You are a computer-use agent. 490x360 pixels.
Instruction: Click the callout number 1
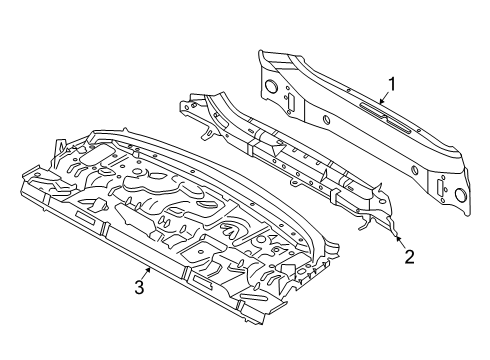click(x=392, y=84)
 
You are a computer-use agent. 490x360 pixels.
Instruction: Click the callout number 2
click(x=410, y=257)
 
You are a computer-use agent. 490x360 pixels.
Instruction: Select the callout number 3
click(x=139, y=287)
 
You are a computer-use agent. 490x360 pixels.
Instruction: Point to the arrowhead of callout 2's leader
click(x=397, y=238)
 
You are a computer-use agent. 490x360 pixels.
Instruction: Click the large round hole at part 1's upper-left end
click(x=272, y=86)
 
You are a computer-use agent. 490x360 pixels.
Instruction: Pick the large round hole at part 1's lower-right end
click(x=461, y=195)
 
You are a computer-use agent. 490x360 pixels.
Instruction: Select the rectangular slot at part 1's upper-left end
click(x=291, y=102)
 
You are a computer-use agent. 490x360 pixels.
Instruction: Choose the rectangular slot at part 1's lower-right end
click(x=441, y=187)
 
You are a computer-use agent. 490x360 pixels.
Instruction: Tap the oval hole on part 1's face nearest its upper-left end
click(x=326, y=120)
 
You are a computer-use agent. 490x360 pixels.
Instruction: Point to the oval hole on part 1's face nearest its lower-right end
click(x=415, y=170)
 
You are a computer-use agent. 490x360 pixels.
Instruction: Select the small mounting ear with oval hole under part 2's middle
click(x=295, y=183)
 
